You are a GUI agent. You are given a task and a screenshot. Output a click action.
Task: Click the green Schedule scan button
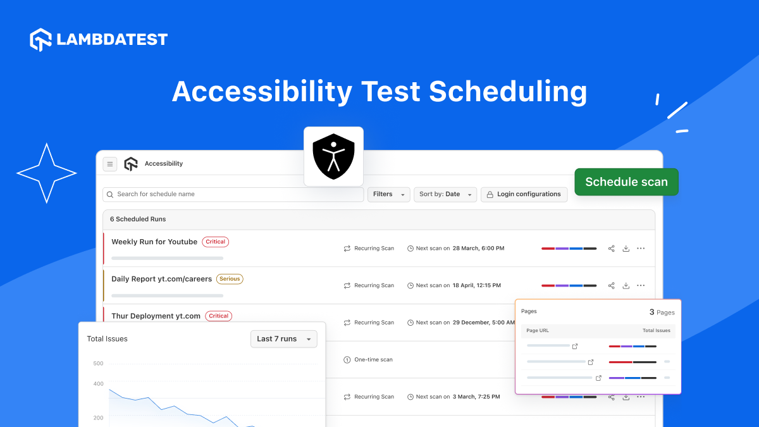tap(626, 182)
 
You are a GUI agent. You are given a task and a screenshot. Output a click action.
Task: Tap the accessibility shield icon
tap(333, 156)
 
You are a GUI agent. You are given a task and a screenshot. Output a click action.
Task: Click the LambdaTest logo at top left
tap(99, 39)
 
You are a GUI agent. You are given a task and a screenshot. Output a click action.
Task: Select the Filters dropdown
tap(388, 194)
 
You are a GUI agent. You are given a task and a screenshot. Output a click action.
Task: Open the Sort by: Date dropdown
tap(445, 194)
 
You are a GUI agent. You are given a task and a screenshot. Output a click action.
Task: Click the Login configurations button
tap(524, 194)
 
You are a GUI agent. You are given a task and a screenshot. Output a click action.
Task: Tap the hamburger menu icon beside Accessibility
tap(110, 164)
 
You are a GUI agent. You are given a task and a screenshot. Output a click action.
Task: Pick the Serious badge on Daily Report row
tap(230, 279)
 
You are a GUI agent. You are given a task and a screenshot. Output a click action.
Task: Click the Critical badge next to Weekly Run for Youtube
tap(216, 242)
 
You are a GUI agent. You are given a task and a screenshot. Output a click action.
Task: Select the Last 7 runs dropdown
tap(283, 339)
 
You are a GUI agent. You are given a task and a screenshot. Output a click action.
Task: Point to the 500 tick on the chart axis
tap(98, 363)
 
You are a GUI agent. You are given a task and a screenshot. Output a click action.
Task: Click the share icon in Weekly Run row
tap(611, 249)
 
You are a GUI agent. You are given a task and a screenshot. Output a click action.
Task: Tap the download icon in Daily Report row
tap(626, 285)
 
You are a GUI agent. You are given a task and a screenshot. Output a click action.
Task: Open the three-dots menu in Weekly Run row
tap(641, 249)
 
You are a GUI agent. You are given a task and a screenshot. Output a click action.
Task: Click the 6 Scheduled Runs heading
tap(138, 219)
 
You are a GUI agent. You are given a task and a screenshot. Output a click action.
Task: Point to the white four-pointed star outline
tap(46, 173)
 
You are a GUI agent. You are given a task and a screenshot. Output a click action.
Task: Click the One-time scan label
tap(373, 360)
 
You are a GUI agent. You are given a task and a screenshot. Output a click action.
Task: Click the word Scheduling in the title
tap(508, 92)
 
